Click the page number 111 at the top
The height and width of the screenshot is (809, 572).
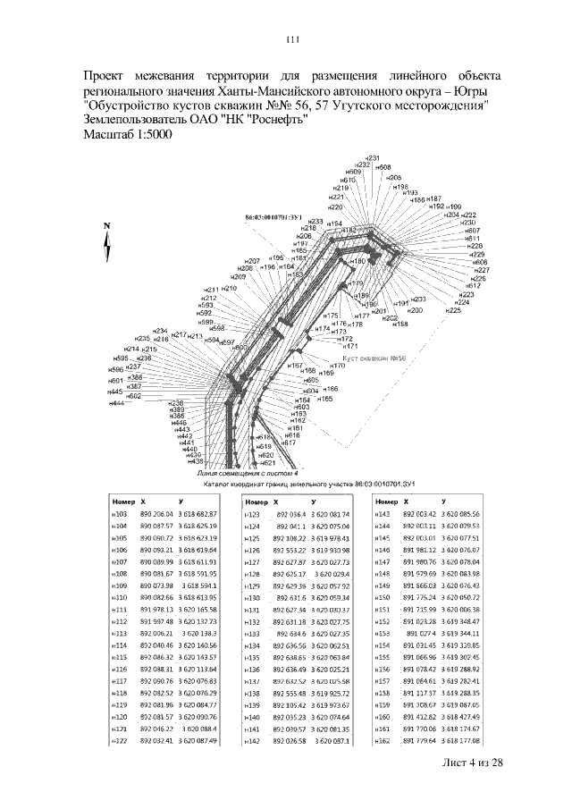pyautogui.click(x=291, y=39)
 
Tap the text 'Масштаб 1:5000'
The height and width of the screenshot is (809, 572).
pyautogui.click(x=129, y=134)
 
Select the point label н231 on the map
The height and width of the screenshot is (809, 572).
pyautogui.click(x=374, y=157)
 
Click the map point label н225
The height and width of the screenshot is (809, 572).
pyautogui.click(x=454, y=310)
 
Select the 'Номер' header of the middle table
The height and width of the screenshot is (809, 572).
pyautogui.click(x=257, y=502)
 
